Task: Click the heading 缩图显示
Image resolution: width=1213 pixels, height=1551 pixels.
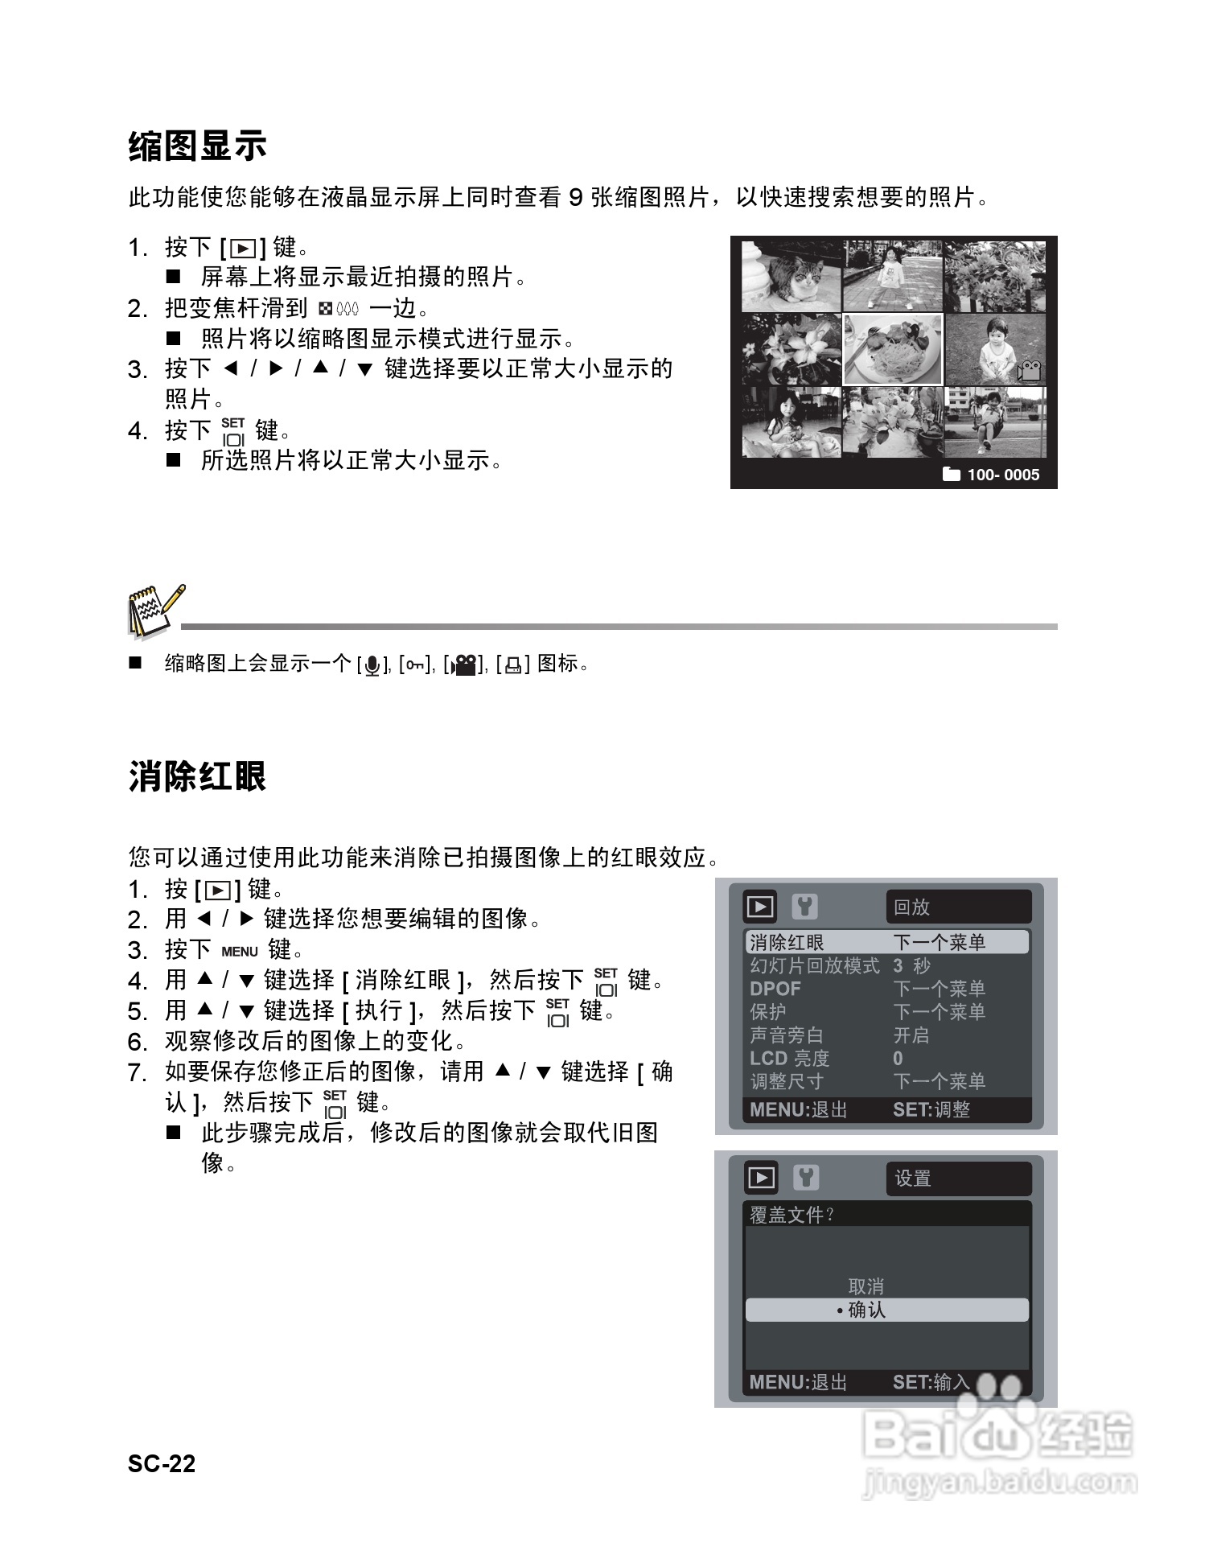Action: point(197,146)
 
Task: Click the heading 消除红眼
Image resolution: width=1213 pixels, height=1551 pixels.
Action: point(197,777)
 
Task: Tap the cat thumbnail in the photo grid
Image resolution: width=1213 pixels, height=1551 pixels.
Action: point(791,276)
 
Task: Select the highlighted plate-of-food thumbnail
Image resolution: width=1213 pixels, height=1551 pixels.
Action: point(892,349)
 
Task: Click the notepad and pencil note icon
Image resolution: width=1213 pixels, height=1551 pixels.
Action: point(154,611)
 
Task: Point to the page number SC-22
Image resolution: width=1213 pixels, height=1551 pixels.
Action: point(162,1463)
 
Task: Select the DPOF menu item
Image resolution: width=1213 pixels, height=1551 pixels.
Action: point(775,989)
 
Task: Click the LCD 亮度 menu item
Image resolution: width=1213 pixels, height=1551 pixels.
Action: point(789,1059)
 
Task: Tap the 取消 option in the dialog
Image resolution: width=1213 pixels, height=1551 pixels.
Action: point(866,1286)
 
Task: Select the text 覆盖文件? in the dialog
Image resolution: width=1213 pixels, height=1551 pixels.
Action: point(792,1215)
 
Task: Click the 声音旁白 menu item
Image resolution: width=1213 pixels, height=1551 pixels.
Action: point(787,1035)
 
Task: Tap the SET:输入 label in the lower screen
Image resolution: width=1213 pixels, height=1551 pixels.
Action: point(931,1382)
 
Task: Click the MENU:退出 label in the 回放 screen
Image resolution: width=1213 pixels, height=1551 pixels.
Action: point(798,1110)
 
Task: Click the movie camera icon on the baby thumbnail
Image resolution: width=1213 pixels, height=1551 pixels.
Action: point(1028,372)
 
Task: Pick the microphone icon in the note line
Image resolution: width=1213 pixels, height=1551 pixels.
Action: point(372,665)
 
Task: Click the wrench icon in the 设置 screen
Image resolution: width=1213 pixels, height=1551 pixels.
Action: point(805,1178)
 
